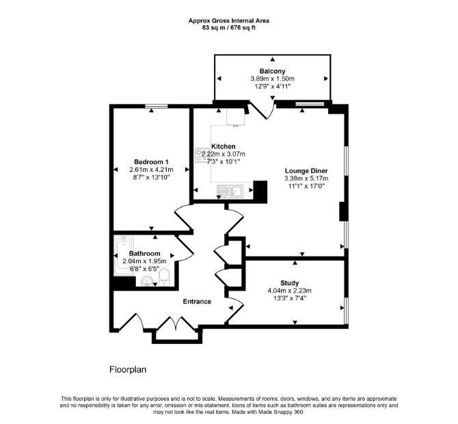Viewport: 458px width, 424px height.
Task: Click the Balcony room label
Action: pos(272,71)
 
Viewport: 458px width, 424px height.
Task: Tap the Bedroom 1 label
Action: pos(151,162)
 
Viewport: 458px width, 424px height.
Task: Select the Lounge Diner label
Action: pos(306,171)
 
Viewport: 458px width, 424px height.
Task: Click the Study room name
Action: pos(289,283)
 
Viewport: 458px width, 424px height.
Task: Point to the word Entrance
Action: pos(197,302)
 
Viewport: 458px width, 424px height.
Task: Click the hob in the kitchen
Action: pos(202,155)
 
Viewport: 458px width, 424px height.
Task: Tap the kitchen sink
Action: pos(230,191)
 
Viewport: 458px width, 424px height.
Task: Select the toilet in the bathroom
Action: pos(164,277)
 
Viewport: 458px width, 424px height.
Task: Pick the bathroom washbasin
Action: pos(147,281)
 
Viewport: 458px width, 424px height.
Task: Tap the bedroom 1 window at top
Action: pos(157,106)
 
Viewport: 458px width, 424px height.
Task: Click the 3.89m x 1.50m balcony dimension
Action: pos(272,79)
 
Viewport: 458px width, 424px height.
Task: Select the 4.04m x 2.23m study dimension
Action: pos(289,291)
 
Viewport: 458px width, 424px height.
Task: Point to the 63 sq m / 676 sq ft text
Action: pos(229,28)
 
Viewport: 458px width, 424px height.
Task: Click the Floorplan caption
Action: pos(128,370)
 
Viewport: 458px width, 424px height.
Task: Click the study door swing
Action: pos(235,310)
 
